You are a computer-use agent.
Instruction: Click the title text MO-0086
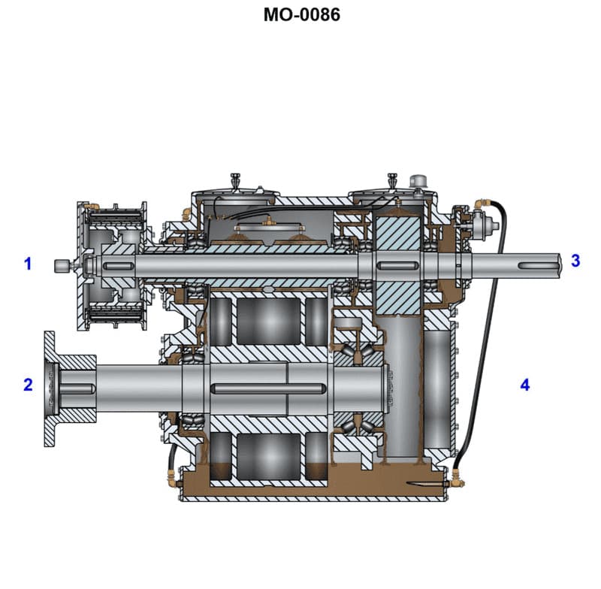point(301,14)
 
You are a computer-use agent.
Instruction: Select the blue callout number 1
point(29,264)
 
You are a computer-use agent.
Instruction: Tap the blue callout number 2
point(28,385)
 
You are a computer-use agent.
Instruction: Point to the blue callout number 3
point(575,261)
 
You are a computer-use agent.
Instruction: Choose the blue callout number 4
point(525,385)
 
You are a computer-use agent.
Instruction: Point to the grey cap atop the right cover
point(418,181)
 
